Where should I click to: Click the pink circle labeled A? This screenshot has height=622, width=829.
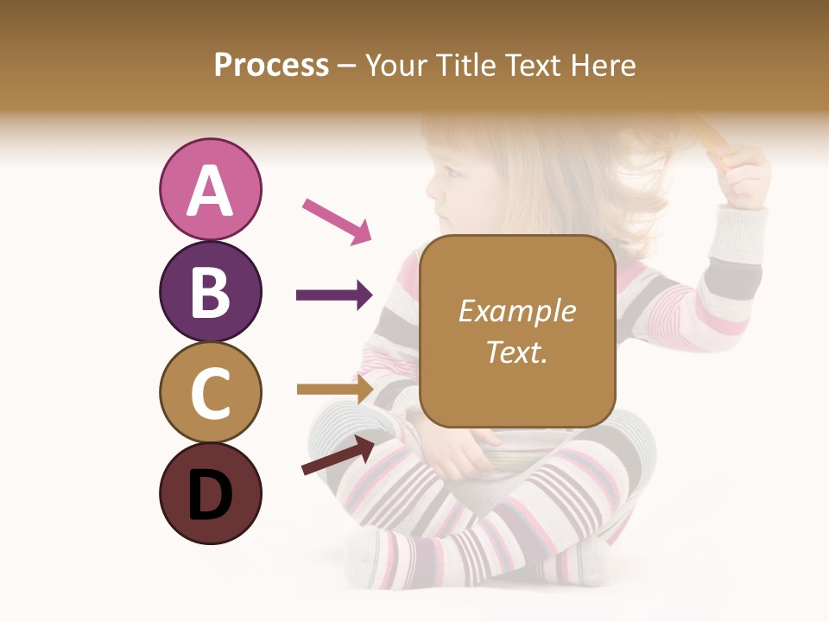tap(210, 189)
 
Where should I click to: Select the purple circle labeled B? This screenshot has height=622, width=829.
tap(210, 291)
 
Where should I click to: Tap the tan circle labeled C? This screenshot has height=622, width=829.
tap(210, 392)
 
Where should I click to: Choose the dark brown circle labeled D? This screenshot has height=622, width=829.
tap(210, 493)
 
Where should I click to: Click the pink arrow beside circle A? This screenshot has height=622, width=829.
tap(337, 220)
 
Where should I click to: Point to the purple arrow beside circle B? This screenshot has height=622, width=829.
tap(334, 295)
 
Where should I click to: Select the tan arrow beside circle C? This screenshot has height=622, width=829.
tap(335, 389)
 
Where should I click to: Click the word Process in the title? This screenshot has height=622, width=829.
tap(271, 65)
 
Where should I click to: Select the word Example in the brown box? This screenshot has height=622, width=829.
tap(516, 311)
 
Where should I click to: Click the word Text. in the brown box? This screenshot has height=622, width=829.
tap(516, 352)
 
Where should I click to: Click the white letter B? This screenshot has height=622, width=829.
tap(210, 292)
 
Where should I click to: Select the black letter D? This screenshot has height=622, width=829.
tap(210, 495)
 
